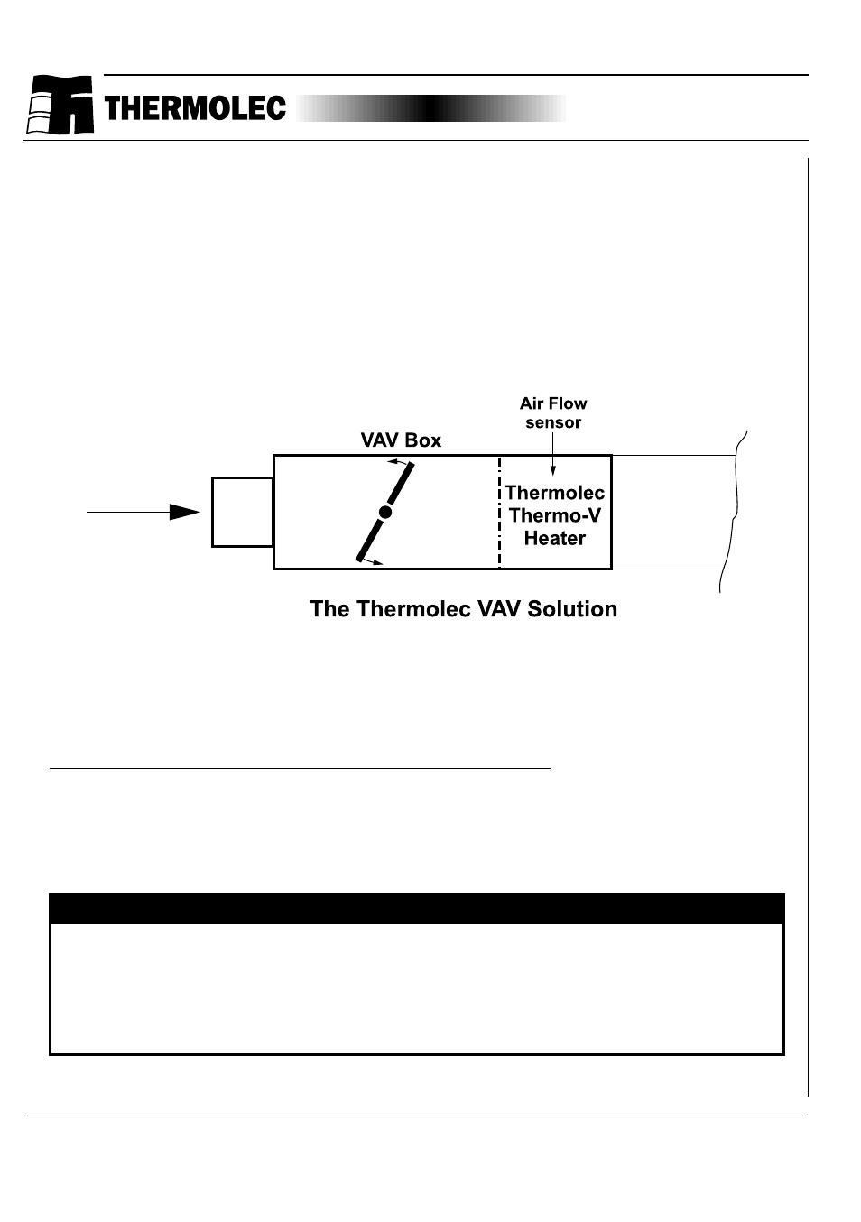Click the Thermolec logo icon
click(x=60, y=105)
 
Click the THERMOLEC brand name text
click(x=195, y=109)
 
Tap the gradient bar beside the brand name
click(x=430, y=108)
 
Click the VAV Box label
click(x=401, y=440)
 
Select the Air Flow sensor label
click(x=553, y=412)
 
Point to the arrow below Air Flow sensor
click(x=553, y=456)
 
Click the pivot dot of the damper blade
click(x=385, y=513)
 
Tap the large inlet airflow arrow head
click(x=185, y=512)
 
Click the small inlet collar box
click(x=243, y=512)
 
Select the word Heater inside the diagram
click(x=555, y=538)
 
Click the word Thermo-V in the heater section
click(x=555, y=515)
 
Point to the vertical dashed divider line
click(x=499, y=512)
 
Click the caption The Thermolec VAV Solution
click(x=463, y=609)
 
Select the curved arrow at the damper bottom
click(x=373, y=562)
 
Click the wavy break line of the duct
click(x=733, y=512)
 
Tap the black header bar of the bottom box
click(x=416, y=908)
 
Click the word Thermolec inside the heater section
click(x=555, y=493)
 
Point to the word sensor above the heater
click(x=553, y=422)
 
